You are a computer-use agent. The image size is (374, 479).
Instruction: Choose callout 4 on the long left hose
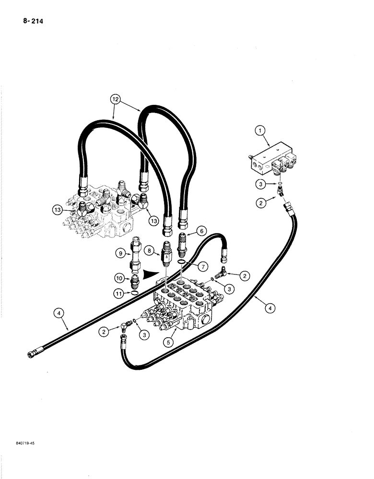click(x=59, y=314)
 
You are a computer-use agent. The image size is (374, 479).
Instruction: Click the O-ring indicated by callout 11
click(x=135, y=293)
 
